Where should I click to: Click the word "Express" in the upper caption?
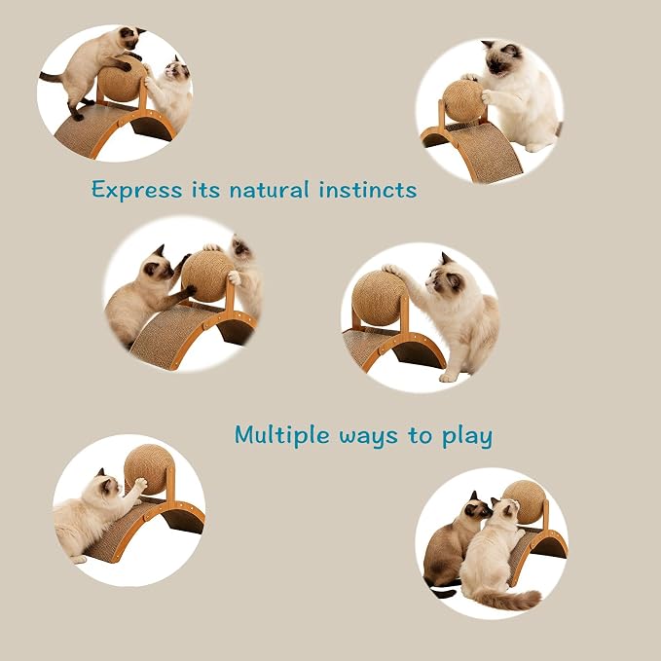(x=137, y=190)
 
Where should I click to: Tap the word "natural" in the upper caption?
(x=269, y=190)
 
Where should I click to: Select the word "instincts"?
(x=368, y=190)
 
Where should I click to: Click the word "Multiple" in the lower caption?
(x=281, y=435)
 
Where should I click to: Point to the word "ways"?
(x=368, y=437)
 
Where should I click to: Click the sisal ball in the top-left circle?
(x=122, y=81)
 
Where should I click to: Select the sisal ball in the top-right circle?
(x=463, y=100)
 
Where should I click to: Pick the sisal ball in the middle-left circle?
(x=207, y=276)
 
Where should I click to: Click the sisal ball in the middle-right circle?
(x=379, y=299)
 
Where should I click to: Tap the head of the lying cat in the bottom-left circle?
(x=107, y=486)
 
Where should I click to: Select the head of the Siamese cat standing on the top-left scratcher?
(x=131, y=37)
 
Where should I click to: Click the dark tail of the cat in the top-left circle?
(x=53, y=78)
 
